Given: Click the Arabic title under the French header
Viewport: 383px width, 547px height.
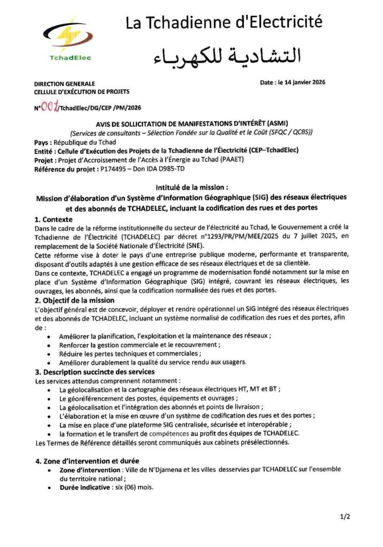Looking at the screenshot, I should [x=227, y=54].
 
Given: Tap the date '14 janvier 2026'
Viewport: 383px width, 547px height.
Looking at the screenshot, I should [x=302, y=83].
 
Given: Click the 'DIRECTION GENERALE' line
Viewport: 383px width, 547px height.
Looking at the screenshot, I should [x=64, y=84].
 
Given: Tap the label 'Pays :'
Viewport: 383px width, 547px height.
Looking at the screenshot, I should [x=43, y=143].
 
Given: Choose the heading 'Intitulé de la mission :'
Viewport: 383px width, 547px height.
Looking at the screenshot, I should [x=191, y=187].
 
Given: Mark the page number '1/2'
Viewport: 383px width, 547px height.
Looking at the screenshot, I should [x=343, y=517].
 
